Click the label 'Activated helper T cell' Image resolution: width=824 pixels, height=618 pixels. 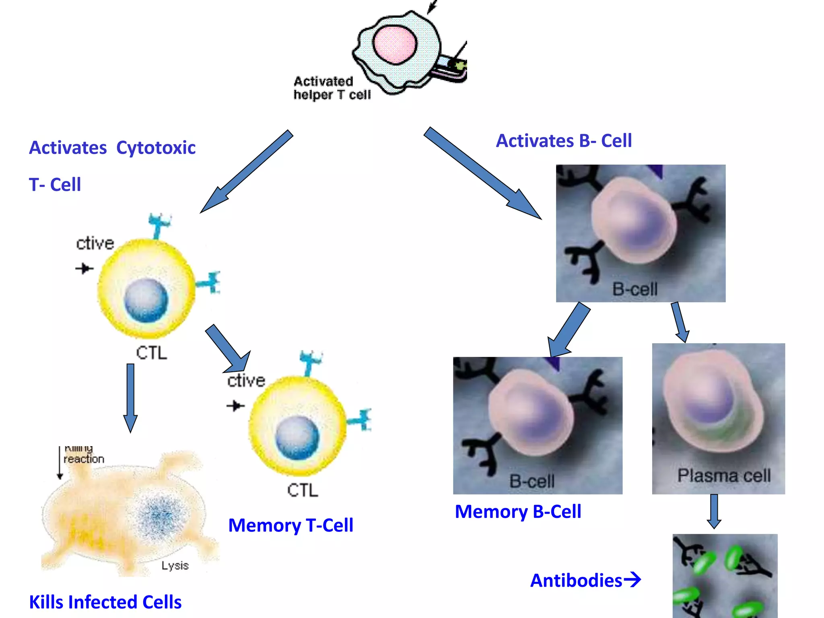pos(332,88)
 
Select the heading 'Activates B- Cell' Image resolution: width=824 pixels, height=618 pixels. pos(564,141)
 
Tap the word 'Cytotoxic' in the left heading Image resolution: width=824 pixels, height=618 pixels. pos(156,148)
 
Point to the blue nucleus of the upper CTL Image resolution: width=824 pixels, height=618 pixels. pos(146,301)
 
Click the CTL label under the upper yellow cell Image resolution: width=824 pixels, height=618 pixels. pos(151,353)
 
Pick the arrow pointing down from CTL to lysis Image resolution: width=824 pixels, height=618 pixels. pos(130,396)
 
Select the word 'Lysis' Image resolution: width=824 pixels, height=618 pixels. pos(175,565)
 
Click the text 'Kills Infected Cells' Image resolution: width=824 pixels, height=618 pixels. pos(105,602)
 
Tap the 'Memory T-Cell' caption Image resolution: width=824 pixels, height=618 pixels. pos(290,525)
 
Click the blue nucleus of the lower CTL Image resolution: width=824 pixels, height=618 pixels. pos(297,437)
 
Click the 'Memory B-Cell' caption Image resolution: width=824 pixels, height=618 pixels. pos(518,512)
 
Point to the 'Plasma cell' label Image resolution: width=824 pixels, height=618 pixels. pos(723,476)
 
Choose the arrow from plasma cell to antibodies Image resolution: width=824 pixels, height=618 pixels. pos(714,511)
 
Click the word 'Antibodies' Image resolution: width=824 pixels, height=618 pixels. pos(576,581)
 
